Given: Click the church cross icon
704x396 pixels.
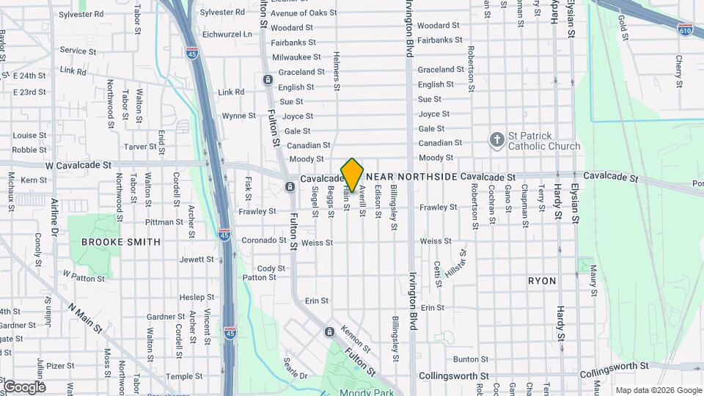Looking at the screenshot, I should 496,139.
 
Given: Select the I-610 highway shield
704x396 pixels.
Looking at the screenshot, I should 685,29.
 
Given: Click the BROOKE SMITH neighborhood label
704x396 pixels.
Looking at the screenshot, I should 121,241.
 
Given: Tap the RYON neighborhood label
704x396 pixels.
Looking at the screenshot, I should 542,281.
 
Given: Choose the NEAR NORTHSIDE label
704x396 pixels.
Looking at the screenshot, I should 411,177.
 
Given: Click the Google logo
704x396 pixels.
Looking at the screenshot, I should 23,386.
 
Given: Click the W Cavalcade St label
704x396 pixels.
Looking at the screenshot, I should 78,166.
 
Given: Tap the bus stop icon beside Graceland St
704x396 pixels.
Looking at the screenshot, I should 268,79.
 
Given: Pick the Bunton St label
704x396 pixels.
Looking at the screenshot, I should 465,359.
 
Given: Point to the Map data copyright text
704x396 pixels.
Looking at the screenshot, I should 659,390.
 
